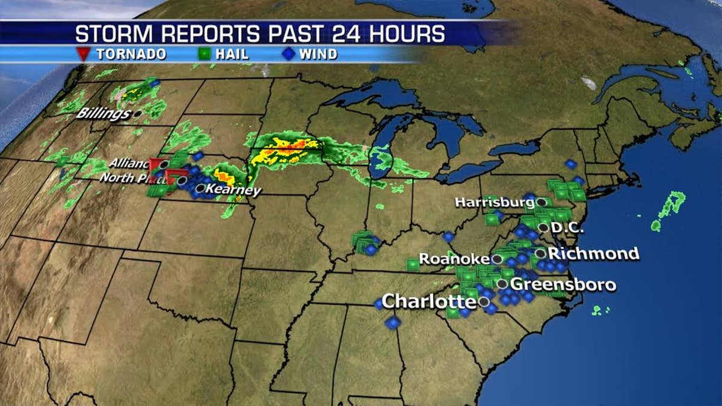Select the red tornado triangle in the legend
pyautogui.click(x=84, y=54)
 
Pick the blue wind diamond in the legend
pyautogui.click(x=289, y=54)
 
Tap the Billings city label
pyautogui.click(x=104, y=114)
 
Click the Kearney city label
pyautogui.click(x=233, y=191)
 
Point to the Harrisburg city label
pyautogui.click(x=494, y=203)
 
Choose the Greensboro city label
pyautogui.click(x=563, y=284)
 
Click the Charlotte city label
pyautogui.click(x=430, y=301)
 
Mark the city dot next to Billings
pyautogui.click(x=138, y=113)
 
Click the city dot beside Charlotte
pyautogui.click(x=484, y=301)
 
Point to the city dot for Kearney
pyautogui.click(x=199, y=188)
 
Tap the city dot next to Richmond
pyautogui.click(x=540, y=253)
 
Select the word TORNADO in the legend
pyautogui.click(x=131, y=54)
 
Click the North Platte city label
pyautogui.click(x=129, y=178)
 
